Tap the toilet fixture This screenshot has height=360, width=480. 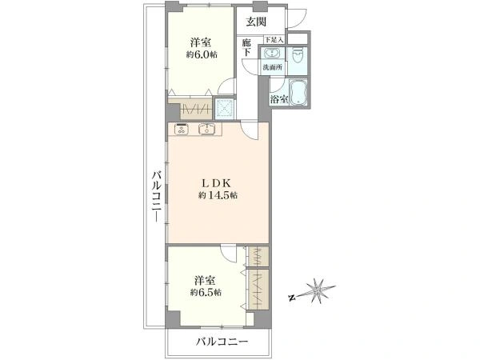click(x=299, y=55)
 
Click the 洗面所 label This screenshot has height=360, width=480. click(x=273, y=68)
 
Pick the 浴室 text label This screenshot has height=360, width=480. click(x=278, y=100)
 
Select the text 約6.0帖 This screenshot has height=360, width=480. click(x=202, y=55)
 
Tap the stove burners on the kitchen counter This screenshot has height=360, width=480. click(x=181, y=128)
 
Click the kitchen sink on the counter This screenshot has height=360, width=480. click(x=206, y=128)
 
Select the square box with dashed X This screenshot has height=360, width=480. click(x=226, y=107)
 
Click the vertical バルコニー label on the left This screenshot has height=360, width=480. click(x=157, y=196)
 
